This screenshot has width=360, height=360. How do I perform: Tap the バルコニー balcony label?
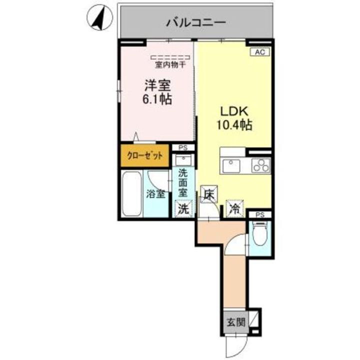click(x=196, y=22)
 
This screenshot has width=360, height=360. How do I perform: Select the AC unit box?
click(x=260, y=51)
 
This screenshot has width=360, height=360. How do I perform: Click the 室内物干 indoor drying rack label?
click(x=169, y=64)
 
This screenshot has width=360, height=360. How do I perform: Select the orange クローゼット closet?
click(x=144, y=155)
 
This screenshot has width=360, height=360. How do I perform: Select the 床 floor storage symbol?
click(x=208, y=194)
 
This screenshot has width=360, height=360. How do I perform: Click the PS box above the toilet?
click(x=260, y=215)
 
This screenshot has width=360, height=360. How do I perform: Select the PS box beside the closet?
click(x=183, y=148)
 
